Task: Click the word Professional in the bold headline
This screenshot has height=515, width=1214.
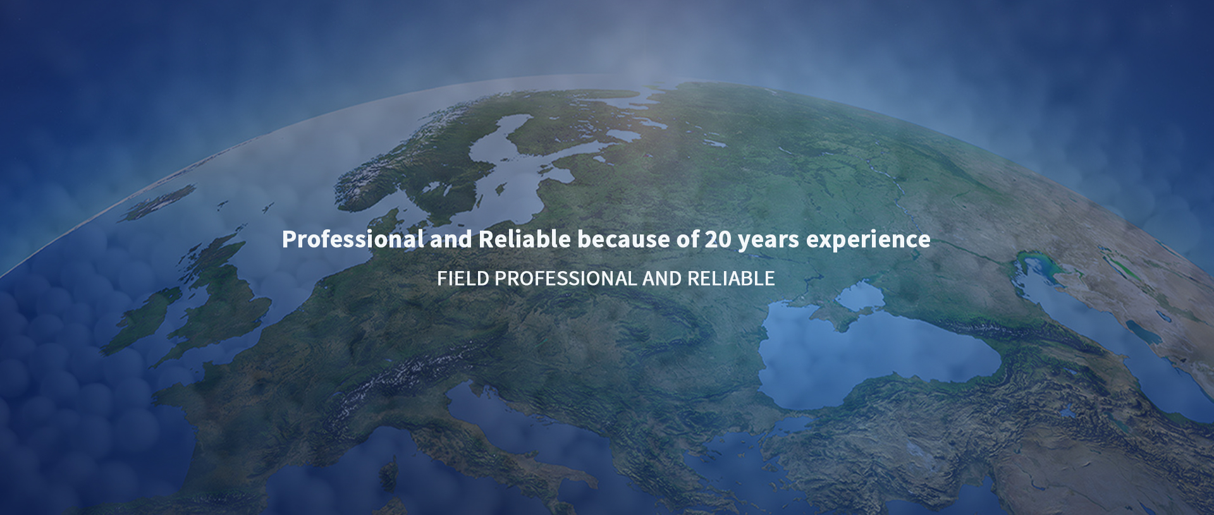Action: pyautogui.click(x=353, y=239)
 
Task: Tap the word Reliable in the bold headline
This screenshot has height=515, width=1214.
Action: pyautogui.click(x=525, y=239)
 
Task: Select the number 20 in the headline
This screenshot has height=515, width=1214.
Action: pyautogui.click(x=718, y=239)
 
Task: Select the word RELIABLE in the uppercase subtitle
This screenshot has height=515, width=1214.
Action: pyautogui.click(x=731, y=279)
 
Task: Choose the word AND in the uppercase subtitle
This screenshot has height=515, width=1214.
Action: pyautogui.click(x=662, y=279)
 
